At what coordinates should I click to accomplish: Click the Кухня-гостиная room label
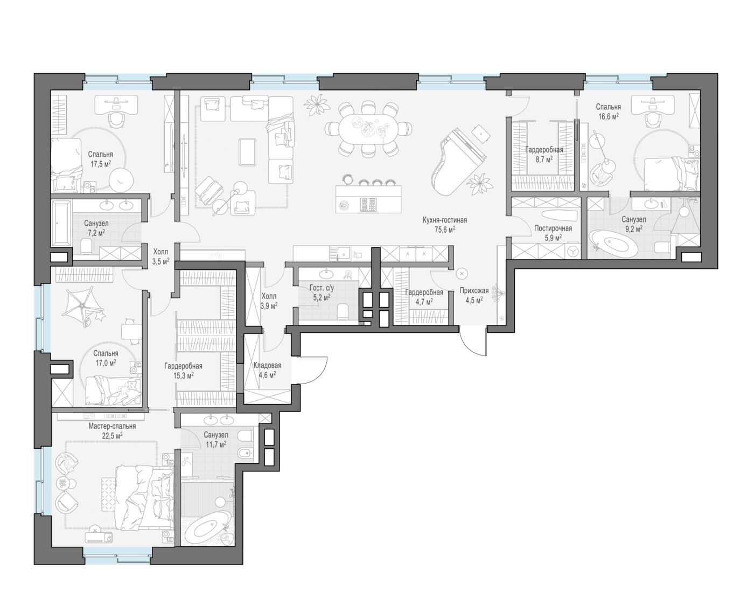[x=445, y=220]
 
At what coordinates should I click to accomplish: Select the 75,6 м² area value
[x=445, y=230]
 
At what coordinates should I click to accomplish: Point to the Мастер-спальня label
[x=112, y=426]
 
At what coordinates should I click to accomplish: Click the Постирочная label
[x=553, y=228]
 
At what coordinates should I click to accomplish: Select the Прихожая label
[x=474, y=290]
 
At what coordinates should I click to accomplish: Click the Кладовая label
[x=267, y=365]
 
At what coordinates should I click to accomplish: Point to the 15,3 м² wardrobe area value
[x=183, y=376]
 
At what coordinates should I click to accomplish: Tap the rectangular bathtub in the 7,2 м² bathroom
[x=61, y=224]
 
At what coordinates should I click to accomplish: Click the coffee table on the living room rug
[x=248, y=151]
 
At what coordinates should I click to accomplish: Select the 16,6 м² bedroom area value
[x=608, y=116]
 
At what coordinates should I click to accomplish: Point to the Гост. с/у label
[x=322, y=288]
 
